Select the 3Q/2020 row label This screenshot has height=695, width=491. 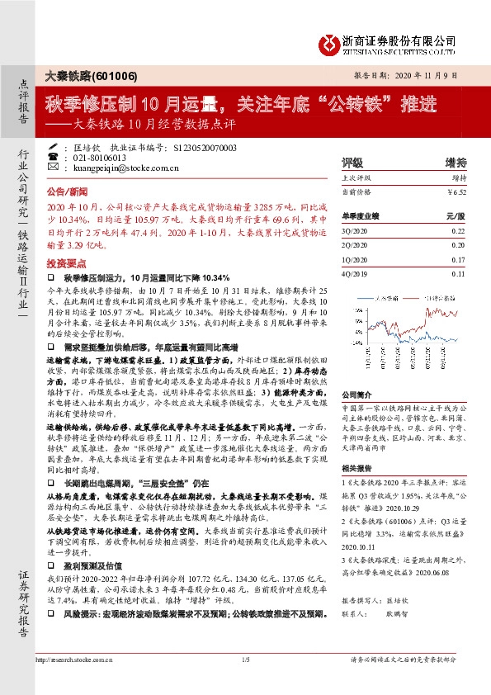(354, 234)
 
